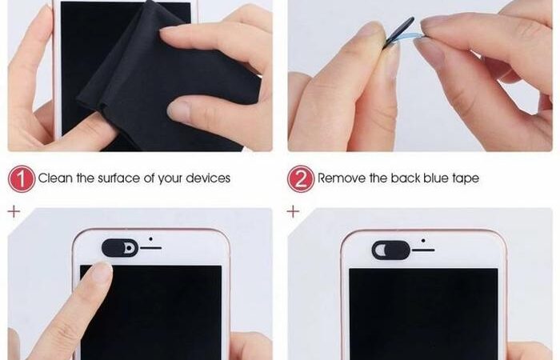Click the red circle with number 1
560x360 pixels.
[22, 178]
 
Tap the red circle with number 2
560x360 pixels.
[301, 178]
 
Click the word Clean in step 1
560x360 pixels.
[55, 178]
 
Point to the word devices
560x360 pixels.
[208, 178]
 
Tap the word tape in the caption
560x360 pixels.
[466, 178]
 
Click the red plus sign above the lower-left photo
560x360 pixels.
[14, 211]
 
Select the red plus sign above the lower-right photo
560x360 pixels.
[293, 211]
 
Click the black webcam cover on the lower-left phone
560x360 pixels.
[120, 248]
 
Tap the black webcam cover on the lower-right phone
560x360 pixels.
[391, 250]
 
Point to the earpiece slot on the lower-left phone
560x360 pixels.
[150, 248]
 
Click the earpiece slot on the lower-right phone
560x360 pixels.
[423, 250]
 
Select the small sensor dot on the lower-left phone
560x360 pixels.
[150, 239]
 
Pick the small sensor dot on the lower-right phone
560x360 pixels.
[423, 241]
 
